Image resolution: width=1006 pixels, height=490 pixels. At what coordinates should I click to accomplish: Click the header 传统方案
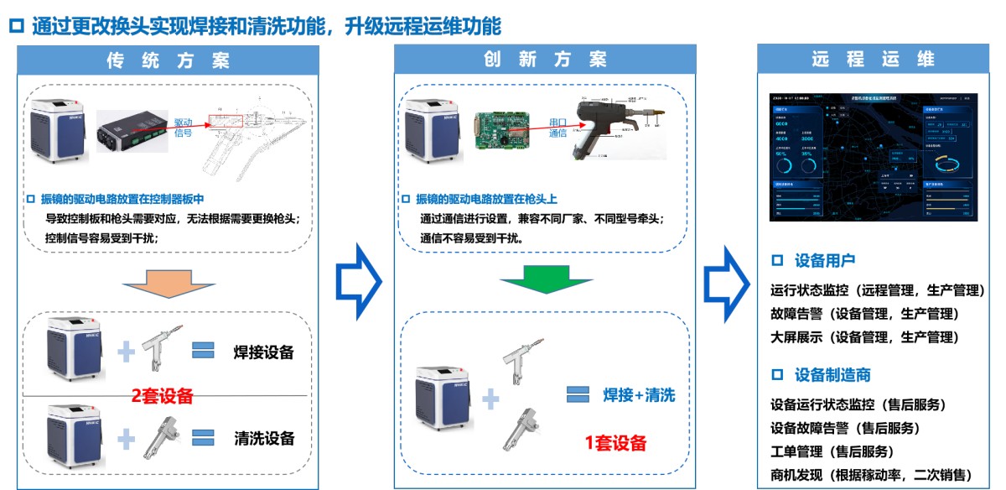click(168, 60)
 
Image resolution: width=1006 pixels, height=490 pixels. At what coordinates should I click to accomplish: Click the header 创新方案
click(545, 60)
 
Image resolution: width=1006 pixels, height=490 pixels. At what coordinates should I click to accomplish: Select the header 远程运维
click(873, 60)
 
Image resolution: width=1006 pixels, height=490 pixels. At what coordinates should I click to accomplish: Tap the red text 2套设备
click(163, 395)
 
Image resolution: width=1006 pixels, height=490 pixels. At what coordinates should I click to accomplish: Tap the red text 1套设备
click(616, 443)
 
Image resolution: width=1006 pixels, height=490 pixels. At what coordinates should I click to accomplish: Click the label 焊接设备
click(264, 352)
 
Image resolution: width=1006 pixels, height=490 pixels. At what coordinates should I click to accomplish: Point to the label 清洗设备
click(264, 438)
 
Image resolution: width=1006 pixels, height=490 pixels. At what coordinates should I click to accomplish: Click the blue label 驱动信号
click(184, 127)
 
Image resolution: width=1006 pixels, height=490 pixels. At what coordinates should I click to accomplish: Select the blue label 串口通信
click(558, 127)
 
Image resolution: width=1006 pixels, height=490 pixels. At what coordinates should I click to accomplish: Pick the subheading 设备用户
click(825, 261)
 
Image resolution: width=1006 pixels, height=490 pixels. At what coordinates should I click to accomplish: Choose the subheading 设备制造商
click(832, 374)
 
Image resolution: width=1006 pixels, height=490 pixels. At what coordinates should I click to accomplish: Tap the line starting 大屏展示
click(863, 337)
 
